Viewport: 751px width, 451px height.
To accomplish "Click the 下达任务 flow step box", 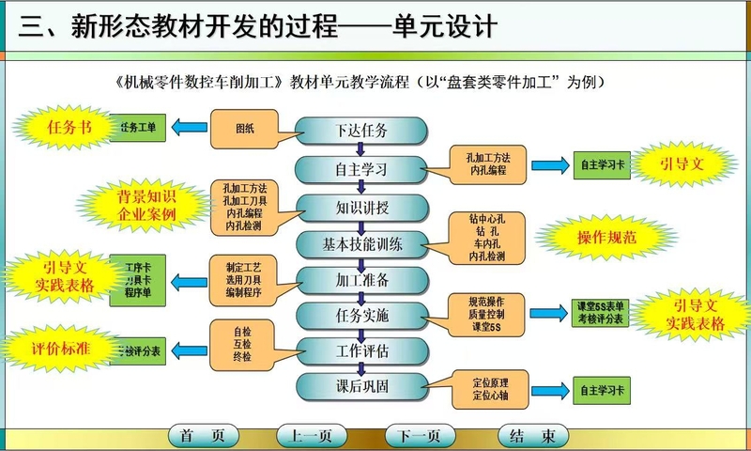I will [361, 131].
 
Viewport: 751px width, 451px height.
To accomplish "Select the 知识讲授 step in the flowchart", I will [361, 207].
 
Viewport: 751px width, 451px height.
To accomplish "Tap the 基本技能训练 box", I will [361, 244].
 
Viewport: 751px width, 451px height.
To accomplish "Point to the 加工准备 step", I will [361, 280].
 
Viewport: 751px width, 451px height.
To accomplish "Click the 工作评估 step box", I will [361, 350].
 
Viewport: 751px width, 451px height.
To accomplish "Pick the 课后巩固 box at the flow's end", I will [361, 386].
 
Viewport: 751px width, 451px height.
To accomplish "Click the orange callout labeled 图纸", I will [244, 130].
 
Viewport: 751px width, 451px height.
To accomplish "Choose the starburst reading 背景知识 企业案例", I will [146, 206].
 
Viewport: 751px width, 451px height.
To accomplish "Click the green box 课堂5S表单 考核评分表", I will [602, 314].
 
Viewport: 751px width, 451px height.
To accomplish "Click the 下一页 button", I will [419, 436].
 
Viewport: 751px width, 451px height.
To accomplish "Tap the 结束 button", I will [531, 436].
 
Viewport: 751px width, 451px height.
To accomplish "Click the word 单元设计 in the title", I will [441, 26].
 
